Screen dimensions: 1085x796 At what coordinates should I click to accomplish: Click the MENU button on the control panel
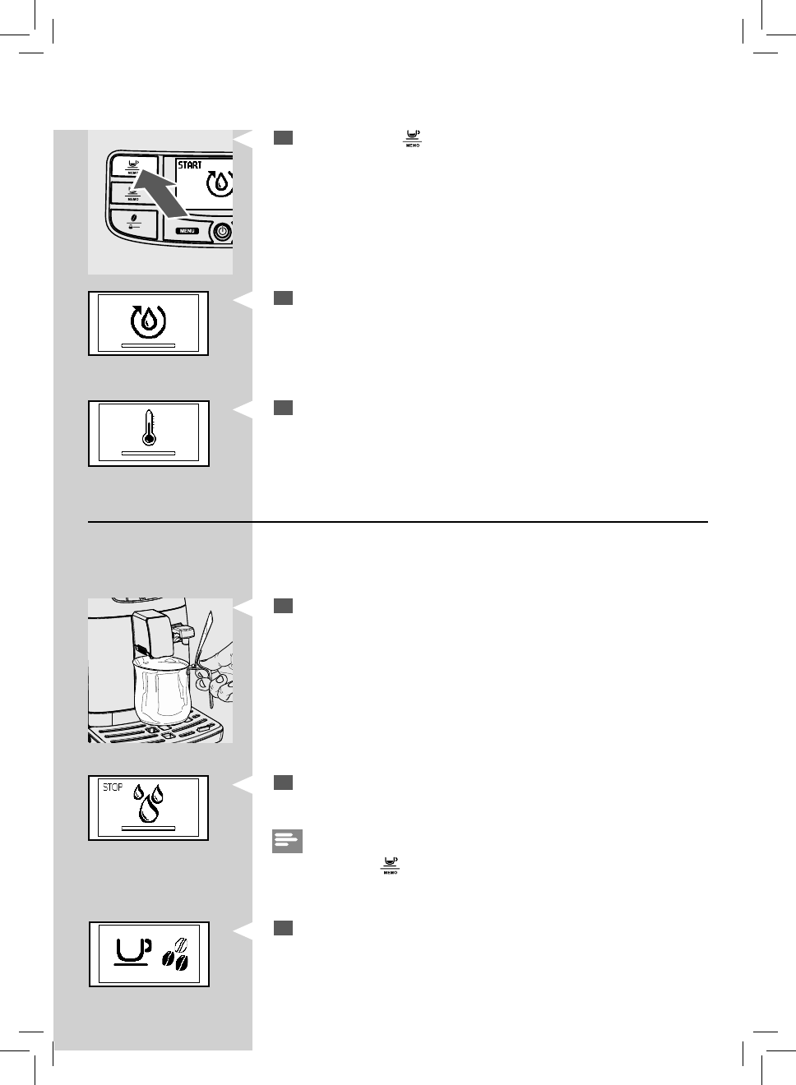187,231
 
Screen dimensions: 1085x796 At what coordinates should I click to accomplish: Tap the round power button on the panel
222,232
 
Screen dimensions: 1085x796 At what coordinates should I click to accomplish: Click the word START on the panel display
190,165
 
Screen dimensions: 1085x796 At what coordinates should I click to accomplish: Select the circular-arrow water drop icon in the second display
148,320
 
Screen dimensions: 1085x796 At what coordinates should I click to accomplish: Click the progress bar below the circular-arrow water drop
148,346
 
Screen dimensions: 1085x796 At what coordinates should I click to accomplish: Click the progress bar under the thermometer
148,453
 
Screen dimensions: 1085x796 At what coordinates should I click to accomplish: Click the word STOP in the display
113,787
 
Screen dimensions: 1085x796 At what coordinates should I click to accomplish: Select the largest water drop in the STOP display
149,810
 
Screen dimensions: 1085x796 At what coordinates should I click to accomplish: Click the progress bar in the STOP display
148,829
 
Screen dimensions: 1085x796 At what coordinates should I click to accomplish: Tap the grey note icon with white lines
287,841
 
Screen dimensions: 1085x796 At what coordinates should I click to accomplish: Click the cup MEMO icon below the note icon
389,865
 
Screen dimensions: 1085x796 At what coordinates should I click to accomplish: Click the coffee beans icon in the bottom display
176,955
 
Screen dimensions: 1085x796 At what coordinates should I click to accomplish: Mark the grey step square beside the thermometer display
283,408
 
